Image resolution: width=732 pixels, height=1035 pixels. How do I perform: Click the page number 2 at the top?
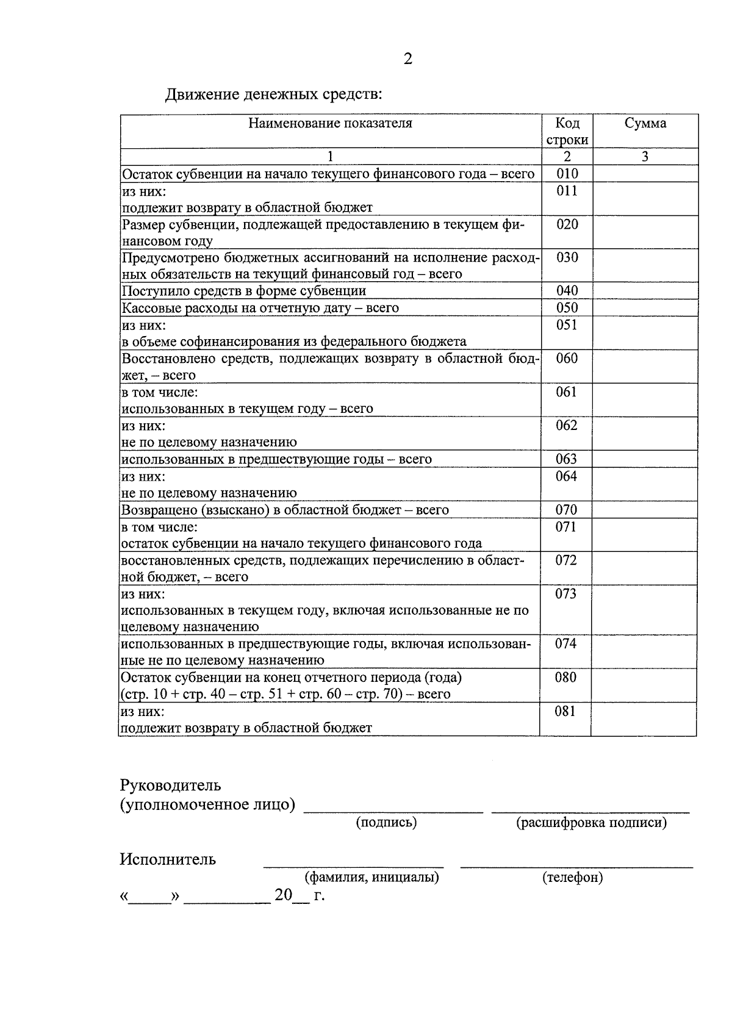pyautogui.click(x=407, y=59)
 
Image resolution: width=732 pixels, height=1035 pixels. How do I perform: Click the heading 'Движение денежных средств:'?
pyautogui.click(x=274, y=95)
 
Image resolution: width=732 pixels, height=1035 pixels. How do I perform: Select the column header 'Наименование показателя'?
pyautogui.click(x=330, y=123)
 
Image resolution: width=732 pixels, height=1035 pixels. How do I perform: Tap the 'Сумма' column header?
pyautogui.click(x=645, y=123)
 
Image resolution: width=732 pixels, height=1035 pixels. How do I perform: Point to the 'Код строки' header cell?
pyautogui.click(x=567, y=131)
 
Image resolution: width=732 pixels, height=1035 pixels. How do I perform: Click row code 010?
pyautogui.click(x=567, y=174)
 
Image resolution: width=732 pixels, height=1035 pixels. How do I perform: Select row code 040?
pyautogui.click(x=567, y=290)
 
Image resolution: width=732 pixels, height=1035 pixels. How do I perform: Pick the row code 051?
pyautogui.click(x=567, y=324)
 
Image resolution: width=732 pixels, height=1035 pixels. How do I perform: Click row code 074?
pyautogui.click(x=565, y=643)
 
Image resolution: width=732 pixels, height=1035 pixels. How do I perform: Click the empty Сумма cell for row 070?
pyautogui.click(x=644, y=510)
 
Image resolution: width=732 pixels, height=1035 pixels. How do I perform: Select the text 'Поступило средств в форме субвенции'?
pyautogui.click(x=244, y=291)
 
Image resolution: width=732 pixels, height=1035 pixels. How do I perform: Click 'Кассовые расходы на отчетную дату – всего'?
pyautogui.click(x=260, y=308)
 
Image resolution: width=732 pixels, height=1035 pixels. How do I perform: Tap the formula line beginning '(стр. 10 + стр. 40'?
pyautogui.click(x=285, y=694)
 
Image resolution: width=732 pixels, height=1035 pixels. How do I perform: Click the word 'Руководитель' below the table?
pyautogui.click(x=170, y=785)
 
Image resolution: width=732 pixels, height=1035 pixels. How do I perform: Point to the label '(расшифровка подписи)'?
pyautogui.click(x=591, y=823)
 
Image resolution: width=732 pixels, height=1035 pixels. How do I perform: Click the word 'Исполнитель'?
pyautogui.click(x=168, y=859)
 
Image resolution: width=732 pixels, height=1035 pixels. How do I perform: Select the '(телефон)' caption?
pyautogui.click(x=572, y=878)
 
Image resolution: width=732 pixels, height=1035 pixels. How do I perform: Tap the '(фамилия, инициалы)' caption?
pyautogui.click(x=371, y=878)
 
